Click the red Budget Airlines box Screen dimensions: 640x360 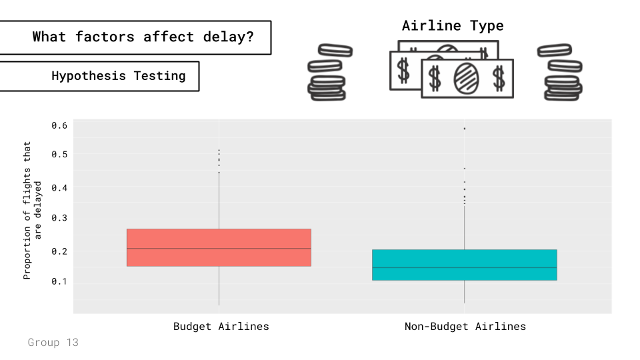(219, 247)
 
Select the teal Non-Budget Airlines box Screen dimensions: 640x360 (464, 265)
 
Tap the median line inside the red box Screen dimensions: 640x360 (219, 248)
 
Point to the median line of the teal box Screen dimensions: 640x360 (464, 267)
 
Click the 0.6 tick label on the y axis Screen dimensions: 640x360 (59, 125)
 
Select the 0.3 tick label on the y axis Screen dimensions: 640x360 (59, 218)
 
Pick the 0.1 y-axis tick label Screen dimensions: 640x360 (59, 281)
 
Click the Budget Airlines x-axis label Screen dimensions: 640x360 (221, 327)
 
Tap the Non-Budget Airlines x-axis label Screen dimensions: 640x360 (465, 327)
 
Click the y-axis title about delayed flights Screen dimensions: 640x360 (32, 211)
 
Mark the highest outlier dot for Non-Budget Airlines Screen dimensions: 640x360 (465, 129)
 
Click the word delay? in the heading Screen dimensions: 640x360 (228, 37)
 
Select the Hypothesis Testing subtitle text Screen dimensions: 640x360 (119, 76)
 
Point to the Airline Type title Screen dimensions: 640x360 (453, 26)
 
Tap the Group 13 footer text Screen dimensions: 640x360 (53, 342)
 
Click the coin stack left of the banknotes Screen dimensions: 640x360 (329, 72)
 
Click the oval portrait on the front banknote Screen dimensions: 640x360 (466, 78)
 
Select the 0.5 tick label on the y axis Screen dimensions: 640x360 (59, 154)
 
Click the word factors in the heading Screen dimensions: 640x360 (105, 37)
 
